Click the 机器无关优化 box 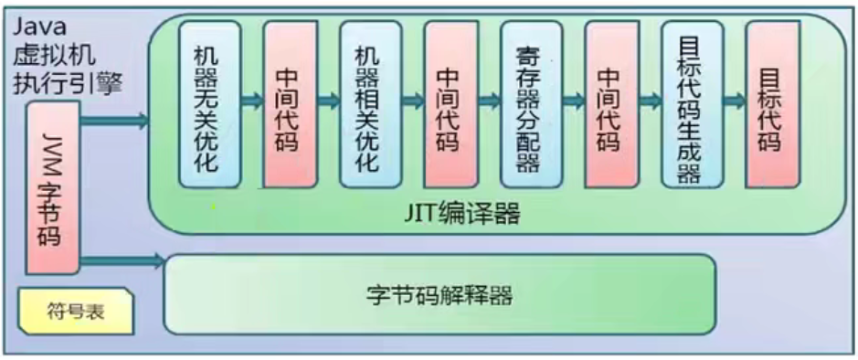209,103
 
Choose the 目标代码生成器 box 692,103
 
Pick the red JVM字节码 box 52,188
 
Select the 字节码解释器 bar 439,294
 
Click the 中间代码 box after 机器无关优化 290,103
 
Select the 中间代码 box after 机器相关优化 450,103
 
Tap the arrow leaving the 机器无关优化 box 251,101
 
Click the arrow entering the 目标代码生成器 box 651,101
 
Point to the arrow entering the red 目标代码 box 734,101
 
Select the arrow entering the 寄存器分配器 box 490,101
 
